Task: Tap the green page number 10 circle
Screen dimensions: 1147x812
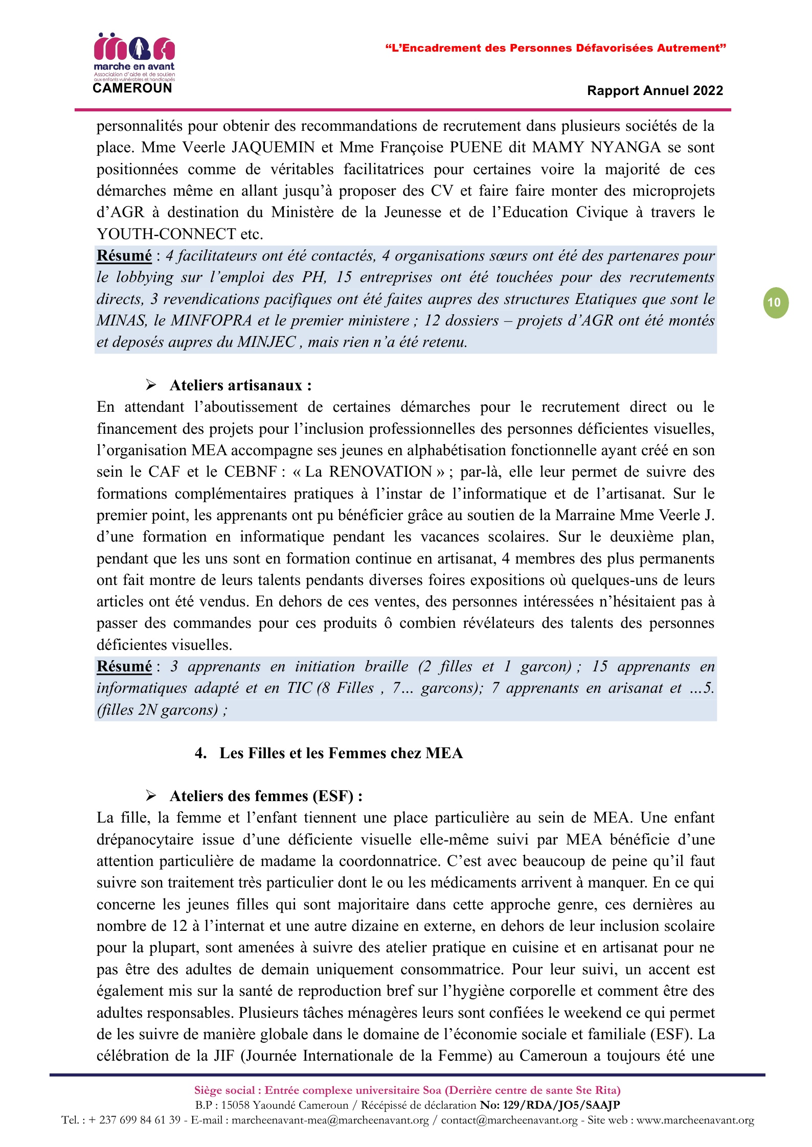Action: pos(775,303)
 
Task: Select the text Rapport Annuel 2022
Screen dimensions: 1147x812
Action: pos(655,91)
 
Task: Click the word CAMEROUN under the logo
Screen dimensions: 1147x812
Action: pos(132,88)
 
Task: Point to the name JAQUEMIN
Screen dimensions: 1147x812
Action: pos(273,148)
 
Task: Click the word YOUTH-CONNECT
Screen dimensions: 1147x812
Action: pos(166,234)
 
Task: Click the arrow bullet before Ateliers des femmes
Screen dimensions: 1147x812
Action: pos(151,795)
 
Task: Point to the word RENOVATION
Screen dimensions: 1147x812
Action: pos(380,472)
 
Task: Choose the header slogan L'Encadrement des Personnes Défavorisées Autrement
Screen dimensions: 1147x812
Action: pos(555,48)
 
